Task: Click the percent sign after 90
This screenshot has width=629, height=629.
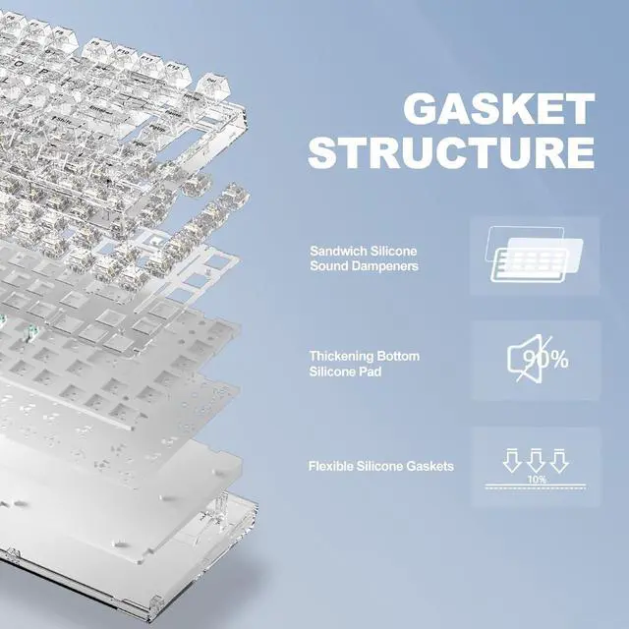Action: (557, 360)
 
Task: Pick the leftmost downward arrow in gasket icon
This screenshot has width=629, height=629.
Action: (511, 459)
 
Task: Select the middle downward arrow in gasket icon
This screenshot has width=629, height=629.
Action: (535, 459)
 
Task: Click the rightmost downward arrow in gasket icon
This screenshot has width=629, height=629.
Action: (558, 459)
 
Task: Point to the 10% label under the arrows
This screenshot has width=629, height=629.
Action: (536, 480)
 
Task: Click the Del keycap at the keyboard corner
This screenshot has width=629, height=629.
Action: (213, 83)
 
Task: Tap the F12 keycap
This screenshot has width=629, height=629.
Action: (179, 69)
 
